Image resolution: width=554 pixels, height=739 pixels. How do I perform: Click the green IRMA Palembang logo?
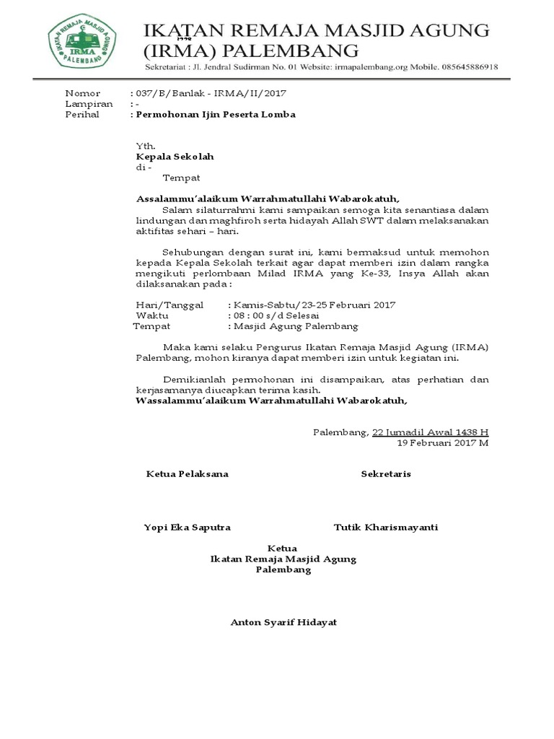(x=84, y=44)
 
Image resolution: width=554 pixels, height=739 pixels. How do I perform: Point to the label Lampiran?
(x=89, y=104)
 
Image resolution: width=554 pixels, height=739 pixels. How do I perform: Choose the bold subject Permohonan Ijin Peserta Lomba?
(x=214, y=115)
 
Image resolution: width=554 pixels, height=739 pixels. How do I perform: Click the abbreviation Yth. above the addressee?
(x=146, y=146)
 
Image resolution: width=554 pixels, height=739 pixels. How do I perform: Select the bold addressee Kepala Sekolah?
(x=175, y=157)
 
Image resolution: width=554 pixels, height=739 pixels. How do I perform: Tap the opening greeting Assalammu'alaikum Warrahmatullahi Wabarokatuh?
(x=268, y=198)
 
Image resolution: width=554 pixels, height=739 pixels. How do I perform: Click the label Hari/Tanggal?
(x=170, y=305)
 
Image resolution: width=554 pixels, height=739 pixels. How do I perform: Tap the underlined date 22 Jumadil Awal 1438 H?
(x=430, y=432)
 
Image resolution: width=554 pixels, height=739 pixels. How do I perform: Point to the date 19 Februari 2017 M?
(x=443, y=443)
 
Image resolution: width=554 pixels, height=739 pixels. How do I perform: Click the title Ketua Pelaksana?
(x=188, y=474)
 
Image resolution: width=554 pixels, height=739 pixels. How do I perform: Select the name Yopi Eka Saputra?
(x=188, y=528)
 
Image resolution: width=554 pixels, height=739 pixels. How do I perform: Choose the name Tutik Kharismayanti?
(x=386, y=528)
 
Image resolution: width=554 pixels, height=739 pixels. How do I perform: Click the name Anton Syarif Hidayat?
(x=283, y=623)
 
